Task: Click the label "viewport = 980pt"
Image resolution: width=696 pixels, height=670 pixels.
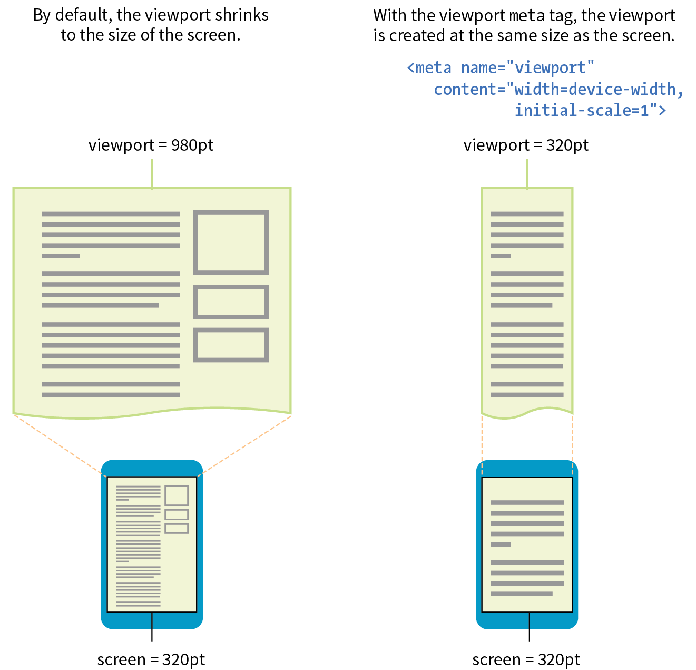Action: [151, 145]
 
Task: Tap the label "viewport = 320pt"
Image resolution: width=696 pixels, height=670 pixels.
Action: [526, 145]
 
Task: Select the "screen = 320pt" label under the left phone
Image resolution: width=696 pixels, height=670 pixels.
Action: [151, 659]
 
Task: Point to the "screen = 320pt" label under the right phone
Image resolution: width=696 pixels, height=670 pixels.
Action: [526, 659]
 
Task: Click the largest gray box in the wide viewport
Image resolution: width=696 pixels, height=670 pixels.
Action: [231, 242]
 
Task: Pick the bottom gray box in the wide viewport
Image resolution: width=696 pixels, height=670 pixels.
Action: [231, 345]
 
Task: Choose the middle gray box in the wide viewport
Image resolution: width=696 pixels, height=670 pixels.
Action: [231, 302]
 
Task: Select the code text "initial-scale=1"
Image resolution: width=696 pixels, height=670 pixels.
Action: [582, 110]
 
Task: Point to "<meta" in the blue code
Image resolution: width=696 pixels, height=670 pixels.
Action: [429, 68]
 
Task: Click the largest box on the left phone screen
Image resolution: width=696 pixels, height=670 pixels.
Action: [177, 496]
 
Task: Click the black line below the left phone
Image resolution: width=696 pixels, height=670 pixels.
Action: [152, 627]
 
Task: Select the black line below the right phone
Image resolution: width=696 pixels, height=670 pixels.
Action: [529, 627]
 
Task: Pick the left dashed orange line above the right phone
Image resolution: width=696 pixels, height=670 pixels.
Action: [482, 443]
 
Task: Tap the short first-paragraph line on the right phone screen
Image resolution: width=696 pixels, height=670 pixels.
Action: [501, 545]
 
